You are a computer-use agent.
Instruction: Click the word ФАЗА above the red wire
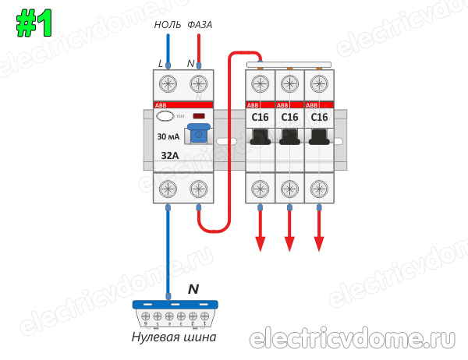(x=200, y=25)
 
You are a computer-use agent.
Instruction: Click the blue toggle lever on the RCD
(x=199, y=133)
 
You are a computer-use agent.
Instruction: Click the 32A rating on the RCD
(x=169, y=155)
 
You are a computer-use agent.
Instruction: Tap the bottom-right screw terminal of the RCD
(x=198, y=189)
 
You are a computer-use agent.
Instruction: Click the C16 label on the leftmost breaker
(x=260, y=118)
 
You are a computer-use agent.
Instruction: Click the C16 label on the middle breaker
(x=289, y=118)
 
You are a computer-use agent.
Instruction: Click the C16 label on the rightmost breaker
(x=319, y=118)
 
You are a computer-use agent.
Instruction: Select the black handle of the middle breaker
(x=289, y=139)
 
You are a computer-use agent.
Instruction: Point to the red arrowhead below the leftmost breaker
(x=260, y=244)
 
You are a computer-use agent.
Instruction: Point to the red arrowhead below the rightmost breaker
(x=319, y=244)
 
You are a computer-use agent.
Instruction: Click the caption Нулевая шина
(x=173, y=337)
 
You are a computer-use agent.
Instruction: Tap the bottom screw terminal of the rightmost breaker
(x=319, y=189)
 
